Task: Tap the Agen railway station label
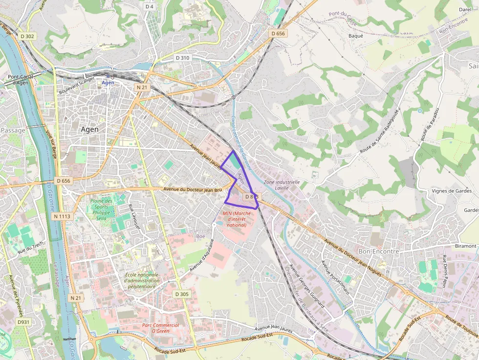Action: coord(108,83)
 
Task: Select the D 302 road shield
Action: coord(28,36)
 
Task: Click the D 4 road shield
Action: coord(150,6)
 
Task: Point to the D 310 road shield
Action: coord(182,58)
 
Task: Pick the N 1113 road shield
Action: coord(62,216)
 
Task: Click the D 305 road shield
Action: coord(181,294)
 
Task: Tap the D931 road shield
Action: coord(23,322)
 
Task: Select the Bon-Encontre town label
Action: coord(379,251)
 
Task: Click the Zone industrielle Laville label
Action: coord(281,185)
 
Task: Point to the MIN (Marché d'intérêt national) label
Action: coord(237,219)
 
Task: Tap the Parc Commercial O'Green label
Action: coord(160,328)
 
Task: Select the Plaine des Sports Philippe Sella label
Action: coord(101,210)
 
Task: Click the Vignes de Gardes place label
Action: coord(452,191)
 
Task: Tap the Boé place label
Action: coord(201,236)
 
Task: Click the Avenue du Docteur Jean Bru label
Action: coord(193,189)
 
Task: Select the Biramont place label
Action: coord(465,246)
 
